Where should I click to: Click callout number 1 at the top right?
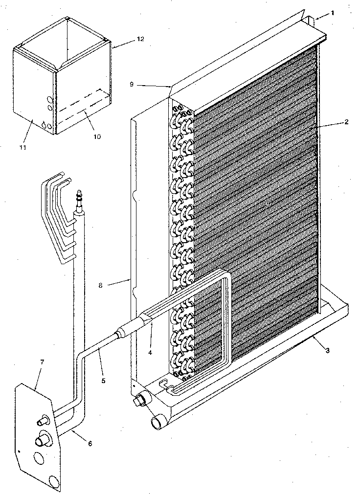[x=333, y=13]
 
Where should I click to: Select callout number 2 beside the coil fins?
[x=346, y=122]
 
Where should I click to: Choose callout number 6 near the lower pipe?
[x=90, y=444]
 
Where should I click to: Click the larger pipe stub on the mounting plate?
[x=42, y=441]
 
